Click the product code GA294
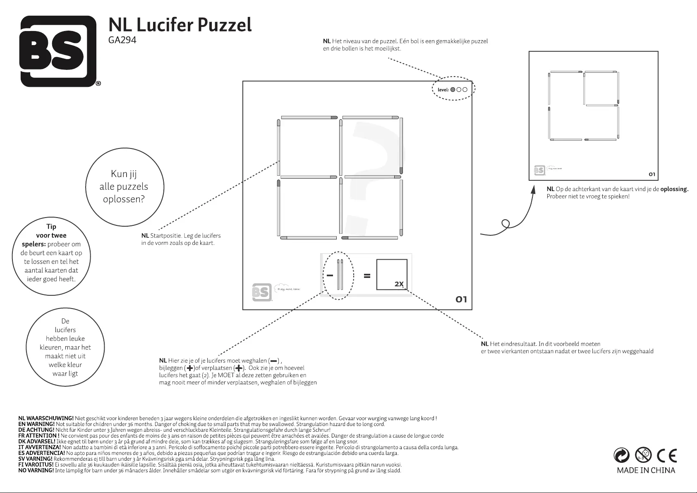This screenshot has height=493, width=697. pos(122,41)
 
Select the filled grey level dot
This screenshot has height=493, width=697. pos(453,89)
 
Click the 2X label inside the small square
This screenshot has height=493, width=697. pos(399,284)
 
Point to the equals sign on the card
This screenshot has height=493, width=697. pos(366,276)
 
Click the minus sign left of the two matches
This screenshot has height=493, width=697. pos(330,275)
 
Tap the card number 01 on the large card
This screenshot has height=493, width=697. pos(461,299)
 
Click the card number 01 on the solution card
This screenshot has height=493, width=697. pos(652,174)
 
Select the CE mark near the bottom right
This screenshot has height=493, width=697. pos(666,456)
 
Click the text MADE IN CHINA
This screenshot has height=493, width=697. pos(646,470)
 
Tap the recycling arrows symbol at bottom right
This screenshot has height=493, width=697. pos(622,456)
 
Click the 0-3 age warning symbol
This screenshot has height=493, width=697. pos(644,456)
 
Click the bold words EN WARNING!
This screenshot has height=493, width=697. pos(36,424)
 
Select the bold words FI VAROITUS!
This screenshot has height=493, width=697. pos(36,465)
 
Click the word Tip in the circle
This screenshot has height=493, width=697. pos(51,226)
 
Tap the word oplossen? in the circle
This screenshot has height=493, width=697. pos(124,199)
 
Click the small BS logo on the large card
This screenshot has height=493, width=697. pos(261,292)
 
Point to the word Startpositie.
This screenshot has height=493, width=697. pos(166,236)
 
